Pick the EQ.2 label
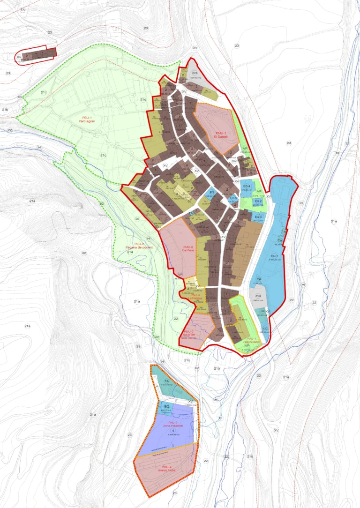tap(258, 201)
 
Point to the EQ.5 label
tap(233, 198)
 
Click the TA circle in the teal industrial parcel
tap(167, 382)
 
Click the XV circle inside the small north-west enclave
tap(19, 57)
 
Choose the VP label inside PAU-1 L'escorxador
tap(247, 345)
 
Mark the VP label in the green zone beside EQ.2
tap(259, 192)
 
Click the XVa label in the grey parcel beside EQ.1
tap(257, 296)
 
